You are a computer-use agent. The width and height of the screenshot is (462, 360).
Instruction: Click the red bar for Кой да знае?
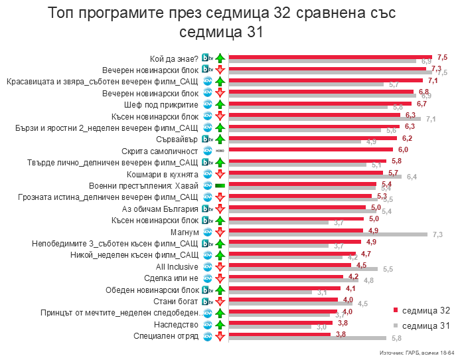tap(330, 56)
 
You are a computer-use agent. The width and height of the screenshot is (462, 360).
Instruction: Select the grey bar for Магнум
tap(328, 234)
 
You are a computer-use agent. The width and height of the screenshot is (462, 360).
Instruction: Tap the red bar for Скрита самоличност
tap(314, 149)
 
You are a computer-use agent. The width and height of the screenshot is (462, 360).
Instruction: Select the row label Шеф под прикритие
tap(161, 104)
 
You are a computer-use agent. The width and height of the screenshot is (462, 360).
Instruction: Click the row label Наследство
tap(175, 324)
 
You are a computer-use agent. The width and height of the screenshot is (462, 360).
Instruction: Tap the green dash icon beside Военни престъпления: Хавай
tap(220, 185)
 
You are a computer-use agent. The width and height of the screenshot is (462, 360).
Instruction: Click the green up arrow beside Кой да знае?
tap(220, 58)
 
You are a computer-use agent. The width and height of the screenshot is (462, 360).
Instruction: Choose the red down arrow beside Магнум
tap(220, 232)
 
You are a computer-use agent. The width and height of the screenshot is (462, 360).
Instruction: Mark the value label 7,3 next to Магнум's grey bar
tap(437, 234)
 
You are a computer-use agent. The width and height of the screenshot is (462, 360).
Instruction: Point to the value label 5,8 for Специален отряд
tap(396, 339)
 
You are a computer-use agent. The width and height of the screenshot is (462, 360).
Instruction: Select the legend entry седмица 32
tap(422, 310)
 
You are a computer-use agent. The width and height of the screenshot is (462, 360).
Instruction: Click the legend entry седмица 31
tap(422, 325)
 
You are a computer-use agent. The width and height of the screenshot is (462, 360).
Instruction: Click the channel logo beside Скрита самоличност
tap(207, 151)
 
